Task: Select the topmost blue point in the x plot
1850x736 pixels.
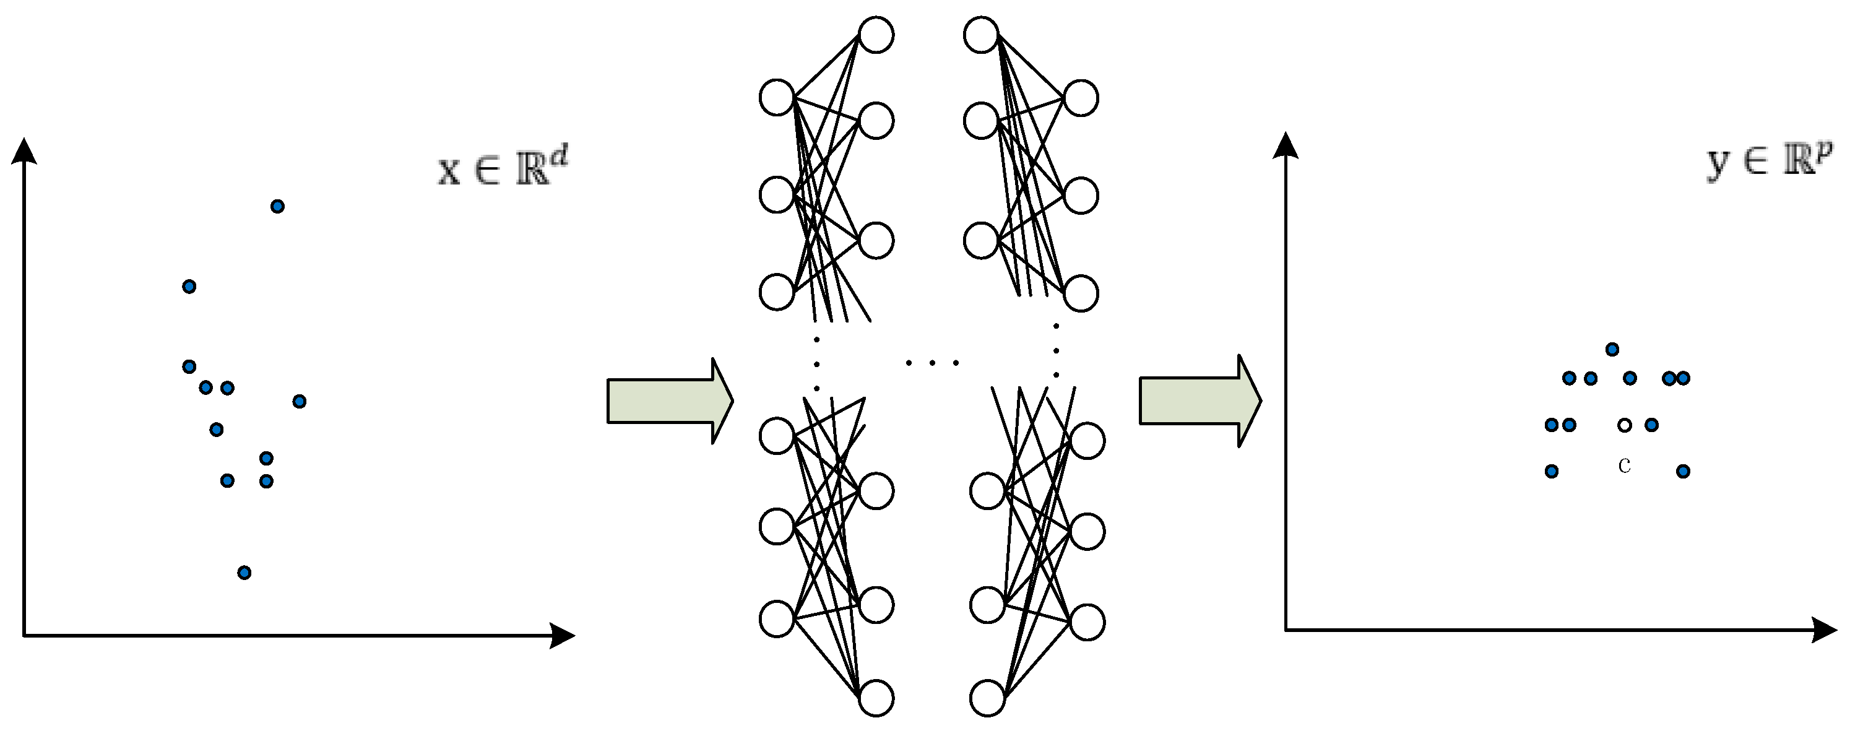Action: (x=277, y=207)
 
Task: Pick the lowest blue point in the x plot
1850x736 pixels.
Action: (x=244, y=573)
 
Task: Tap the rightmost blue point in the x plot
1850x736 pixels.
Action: (x=300, y=400)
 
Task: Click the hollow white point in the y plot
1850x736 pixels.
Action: (x=1625, y=425)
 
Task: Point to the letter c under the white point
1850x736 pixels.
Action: (x=1625, y=466)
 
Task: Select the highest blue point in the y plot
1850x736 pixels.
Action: (x=1612, y=350)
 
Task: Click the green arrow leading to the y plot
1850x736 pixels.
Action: (x=1200, y=400)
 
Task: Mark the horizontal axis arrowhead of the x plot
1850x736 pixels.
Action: (x=563, y=636)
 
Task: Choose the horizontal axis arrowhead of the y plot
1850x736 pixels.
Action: (x=1824, y=630)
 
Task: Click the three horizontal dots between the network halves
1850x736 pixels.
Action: (x=932, y=363)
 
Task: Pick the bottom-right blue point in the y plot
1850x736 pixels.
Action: (x=1684, y=471)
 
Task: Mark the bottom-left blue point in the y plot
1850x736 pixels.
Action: (x=1551, y=471)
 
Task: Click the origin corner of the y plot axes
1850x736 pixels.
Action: (x=1286, y=630)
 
